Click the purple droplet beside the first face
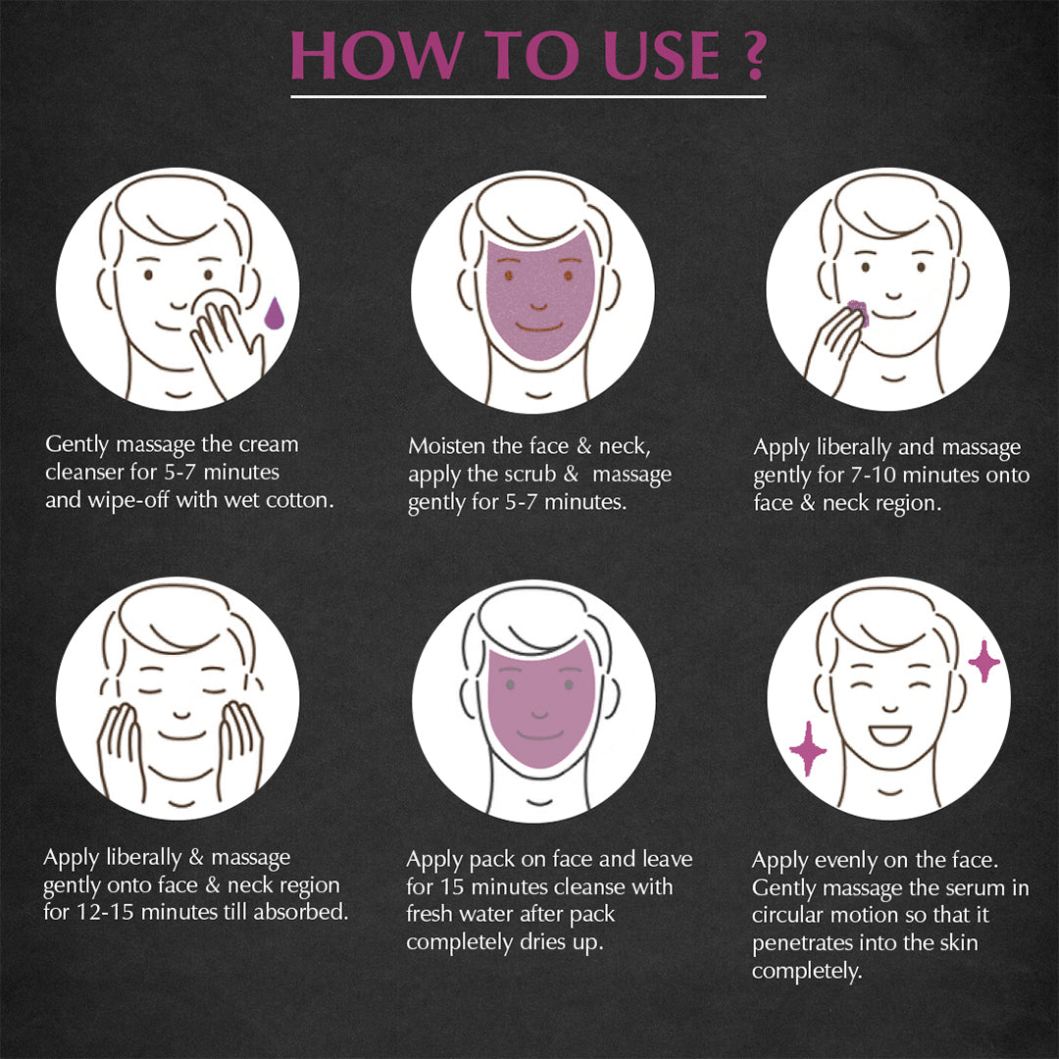274,313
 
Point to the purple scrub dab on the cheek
858,313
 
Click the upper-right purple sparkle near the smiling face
984,661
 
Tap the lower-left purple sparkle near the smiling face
808,748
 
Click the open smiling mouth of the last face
889,734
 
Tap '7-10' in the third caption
874,475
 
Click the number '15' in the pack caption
452,886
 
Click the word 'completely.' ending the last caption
807,971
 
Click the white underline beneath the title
529,96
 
